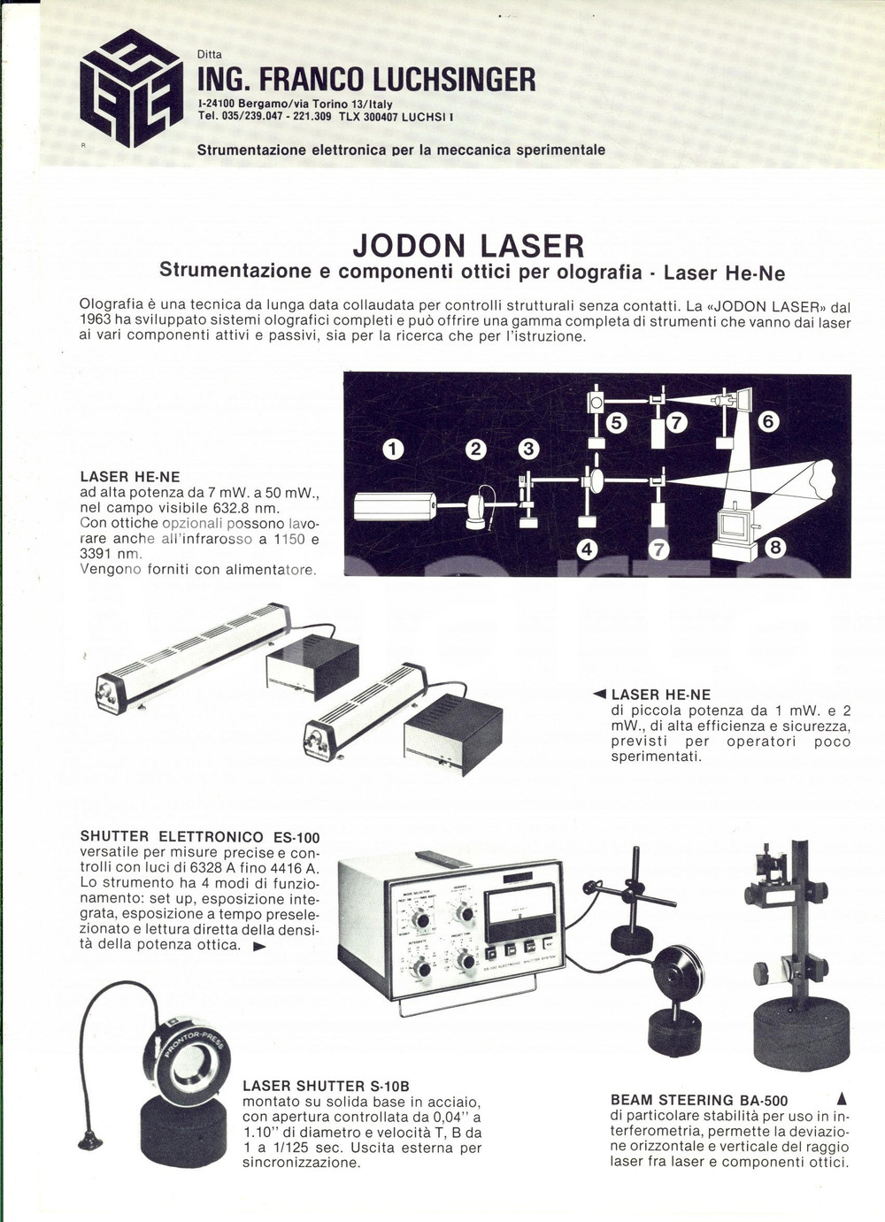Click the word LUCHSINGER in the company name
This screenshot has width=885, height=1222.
point(453,81)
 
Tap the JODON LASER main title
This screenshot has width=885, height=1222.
point(468,245)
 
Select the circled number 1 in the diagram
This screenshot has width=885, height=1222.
point(393,449)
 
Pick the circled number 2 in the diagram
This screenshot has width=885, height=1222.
point(476,449)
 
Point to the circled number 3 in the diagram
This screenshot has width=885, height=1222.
point(529,449)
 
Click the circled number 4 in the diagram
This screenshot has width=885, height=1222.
point(587,550)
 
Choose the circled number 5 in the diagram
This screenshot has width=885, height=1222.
point(617,422)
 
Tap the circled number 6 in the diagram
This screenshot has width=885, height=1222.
point(767,421)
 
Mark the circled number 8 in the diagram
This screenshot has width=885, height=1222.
point(776,548)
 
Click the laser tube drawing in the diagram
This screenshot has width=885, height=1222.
point(395,505)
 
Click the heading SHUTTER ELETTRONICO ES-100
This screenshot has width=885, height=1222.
point(199,837)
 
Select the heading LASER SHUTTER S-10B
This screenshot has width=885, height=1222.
point(326,1086)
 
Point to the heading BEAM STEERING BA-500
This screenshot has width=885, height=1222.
point(699,1101)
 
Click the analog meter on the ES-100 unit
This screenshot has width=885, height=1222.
point(519,911)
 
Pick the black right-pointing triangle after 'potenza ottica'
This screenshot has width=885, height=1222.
point(259,946)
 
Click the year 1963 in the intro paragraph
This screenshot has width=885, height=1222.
point(95,322)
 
